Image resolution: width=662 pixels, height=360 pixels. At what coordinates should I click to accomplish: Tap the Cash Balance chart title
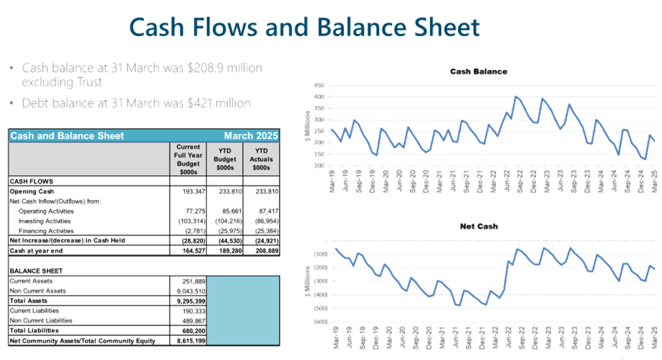click(478, 71)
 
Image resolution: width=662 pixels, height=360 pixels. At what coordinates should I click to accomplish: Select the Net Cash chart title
click(478, 226)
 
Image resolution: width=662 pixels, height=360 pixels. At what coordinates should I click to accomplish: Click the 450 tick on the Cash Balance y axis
click(319, 86)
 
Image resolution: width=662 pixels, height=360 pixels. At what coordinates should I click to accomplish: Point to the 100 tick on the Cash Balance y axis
click(319, 165)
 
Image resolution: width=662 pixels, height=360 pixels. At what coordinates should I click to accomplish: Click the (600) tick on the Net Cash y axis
click(319, 322)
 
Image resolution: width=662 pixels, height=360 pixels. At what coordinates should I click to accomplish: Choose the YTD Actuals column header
click(261, 158)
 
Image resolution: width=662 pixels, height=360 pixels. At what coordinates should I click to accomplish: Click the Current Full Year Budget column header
click(188, 158)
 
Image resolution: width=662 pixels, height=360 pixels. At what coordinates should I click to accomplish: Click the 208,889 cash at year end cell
click(262, 249)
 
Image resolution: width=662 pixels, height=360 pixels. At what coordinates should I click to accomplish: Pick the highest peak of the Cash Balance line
click(515, 96)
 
